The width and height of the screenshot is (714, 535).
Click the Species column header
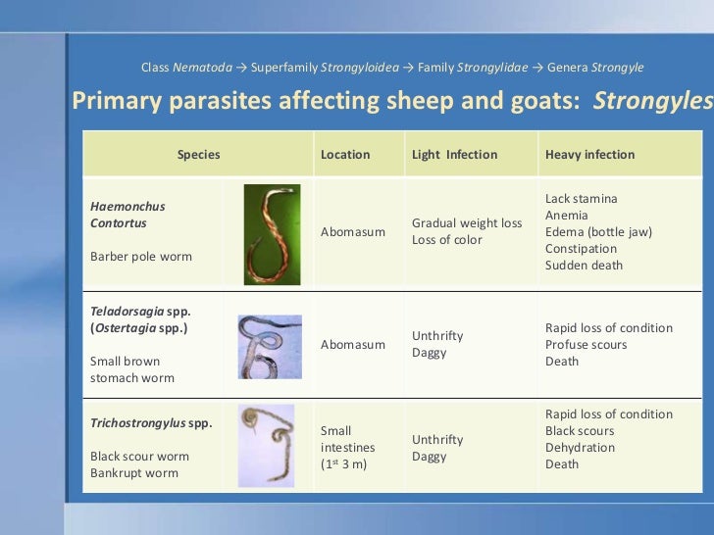pos(198,155)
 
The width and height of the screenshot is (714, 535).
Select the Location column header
pos(345,155)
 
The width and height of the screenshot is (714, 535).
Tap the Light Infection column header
pos(454,155)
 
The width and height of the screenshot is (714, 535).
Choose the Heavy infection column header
pos(589,155)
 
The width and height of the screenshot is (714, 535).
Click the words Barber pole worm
pos(141,257)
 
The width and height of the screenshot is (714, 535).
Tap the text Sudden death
pos(584,266)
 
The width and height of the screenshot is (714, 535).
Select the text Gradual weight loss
pos(466,223)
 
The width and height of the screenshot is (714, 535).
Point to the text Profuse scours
pos(586,345)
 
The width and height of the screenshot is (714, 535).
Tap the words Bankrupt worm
pos(134,473)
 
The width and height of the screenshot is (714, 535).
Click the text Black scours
pos(580,431)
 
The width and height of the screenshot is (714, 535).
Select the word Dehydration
pos(580,448)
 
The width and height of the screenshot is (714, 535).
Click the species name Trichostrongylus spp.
pos(151,423)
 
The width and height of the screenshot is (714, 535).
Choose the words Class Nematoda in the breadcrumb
pos(186,68)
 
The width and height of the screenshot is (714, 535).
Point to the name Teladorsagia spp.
pos(140,312)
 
